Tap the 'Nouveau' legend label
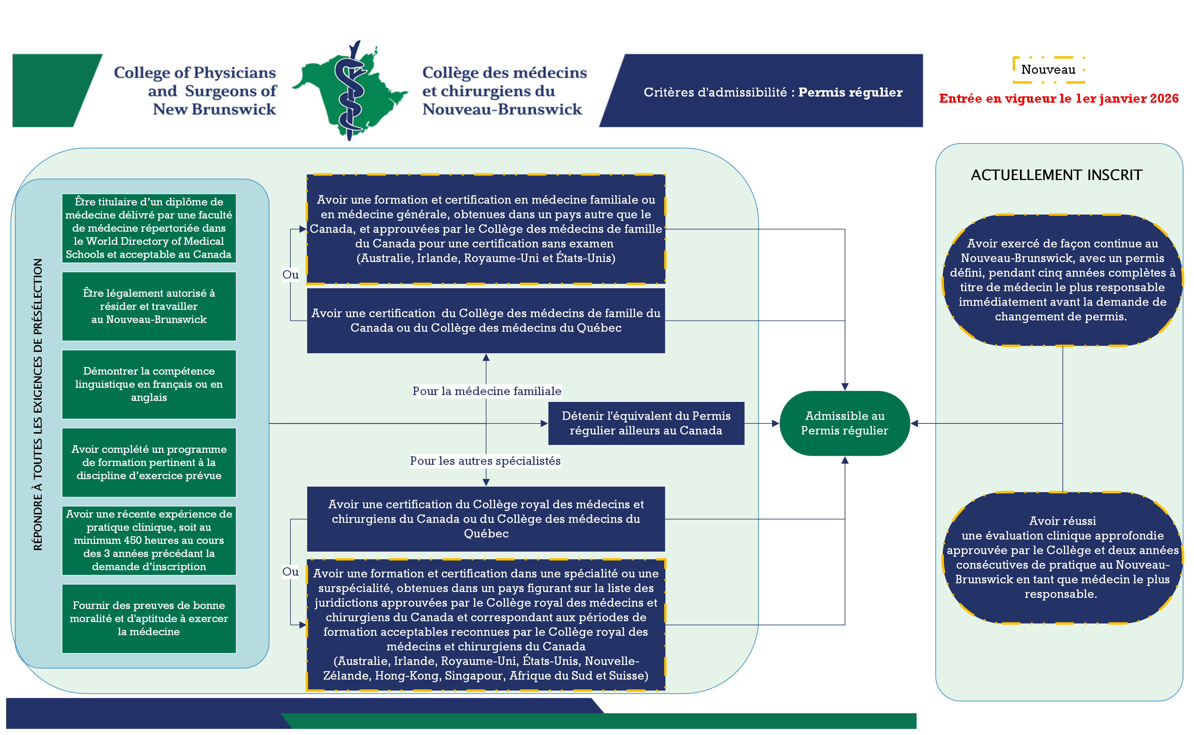point(1048,69)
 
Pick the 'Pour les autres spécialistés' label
point(485,460)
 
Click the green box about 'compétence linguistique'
point(149,384)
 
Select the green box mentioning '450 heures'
point(149,540)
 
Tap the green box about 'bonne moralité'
point(149,618)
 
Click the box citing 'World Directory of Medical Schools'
point(149,228)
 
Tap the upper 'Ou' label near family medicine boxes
point(290,275)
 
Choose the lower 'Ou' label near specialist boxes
point(290,572)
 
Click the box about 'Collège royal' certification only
point(486,519)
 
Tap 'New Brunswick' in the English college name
point(214,109)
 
